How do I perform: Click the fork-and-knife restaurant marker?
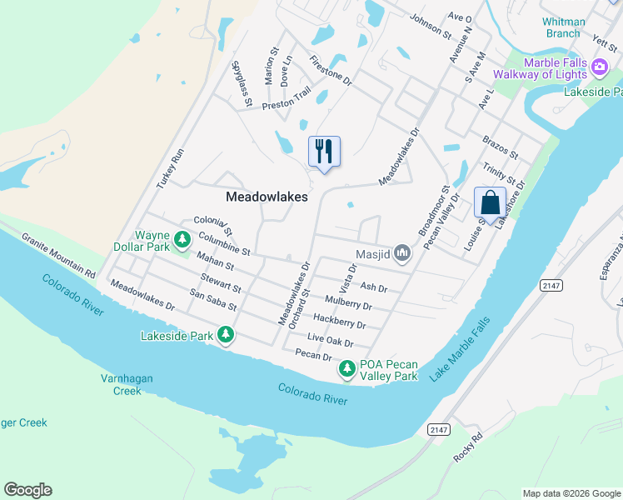click(x=324, y=151)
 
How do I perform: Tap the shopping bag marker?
click(x=490, y=202)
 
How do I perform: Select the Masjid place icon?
click(x=403, y=252)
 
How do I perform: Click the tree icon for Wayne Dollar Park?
click(x=182, y=241)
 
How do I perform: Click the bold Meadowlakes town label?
click(x=267, y=197)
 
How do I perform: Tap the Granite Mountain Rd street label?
click(x=58, y=255)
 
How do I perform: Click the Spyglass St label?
click(x=242, y=84)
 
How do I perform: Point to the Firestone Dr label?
click(x=331, y=72)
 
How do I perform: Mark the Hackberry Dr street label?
click(x=339, y=321)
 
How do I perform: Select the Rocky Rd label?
click(x=468, y=450)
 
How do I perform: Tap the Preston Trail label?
click(x=287, y=98)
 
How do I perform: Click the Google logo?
click(x=27, y=490)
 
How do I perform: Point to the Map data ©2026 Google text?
click(x=571, y=493)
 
